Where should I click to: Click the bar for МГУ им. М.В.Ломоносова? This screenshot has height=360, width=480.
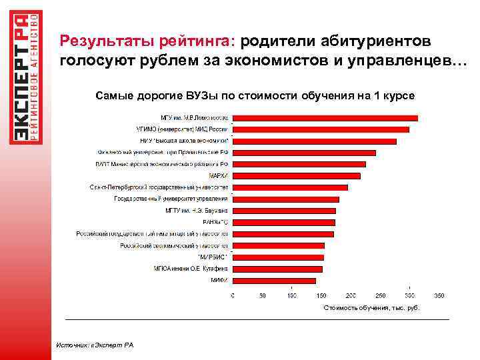pyautogui.click(x=325, y=118)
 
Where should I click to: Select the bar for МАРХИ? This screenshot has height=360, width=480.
pyautogui.click(x=296, y=176)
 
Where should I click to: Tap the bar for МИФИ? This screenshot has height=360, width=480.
pyautogui.click(x=274, y=281)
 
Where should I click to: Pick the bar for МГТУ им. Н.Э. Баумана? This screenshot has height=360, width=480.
pyautogui.click(x=284, y=211)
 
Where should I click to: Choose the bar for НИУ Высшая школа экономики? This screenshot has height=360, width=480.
pyautogui.click(x=314, y=141)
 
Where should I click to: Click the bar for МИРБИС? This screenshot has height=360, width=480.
pyautogui.click(x=278, y=257)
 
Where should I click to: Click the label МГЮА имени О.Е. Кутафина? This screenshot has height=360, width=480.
pyautogui.click(x=191, y=269)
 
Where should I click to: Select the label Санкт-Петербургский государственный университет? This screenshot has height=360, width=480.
pyautogui.click(x=159, y=188)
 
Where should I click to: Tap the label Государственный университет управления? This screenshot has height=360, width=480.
pyautogui.click(x=171, y=199)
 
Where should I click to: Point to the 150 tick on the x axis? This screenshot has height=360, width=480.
pyautogui.click(x=321, y=295)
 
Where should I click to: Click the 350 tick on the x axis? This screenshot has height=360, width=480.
pyautogui.click(x=439, y=295)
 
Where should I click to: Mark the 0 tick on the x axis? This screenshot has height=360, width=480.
pyautogui.click(x=232, y=295)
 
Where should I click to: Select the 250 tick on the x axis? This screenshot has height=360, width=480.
pyautogui.click(x=380, y=295)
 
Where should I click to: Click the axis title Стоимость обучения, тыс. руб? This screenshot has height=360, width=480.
pyautogui.click(x=371, y=308)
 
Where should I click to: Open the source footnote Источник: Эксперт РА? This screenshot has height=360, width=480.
pyautogui.click(x=95, y=345)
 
